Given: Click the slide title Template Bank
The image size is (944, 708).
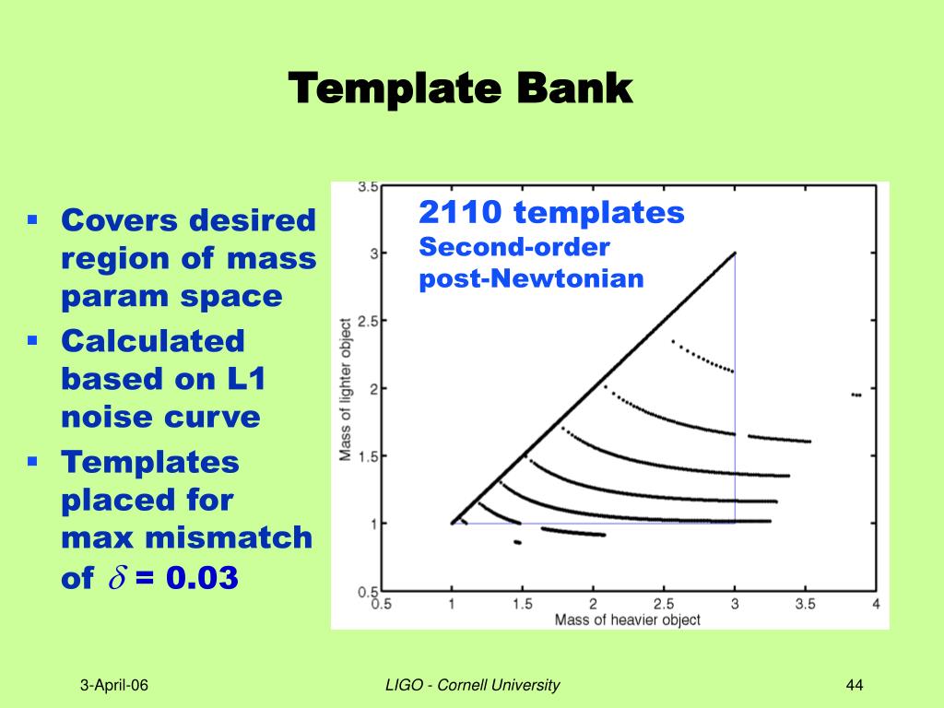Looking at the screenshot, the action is pos(461,88).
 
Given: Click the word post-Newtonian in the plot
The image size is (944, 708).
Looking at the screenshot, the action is pos(532,278).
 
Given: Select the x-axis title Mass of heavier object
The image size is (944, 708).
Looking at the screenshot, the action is pos(627,620).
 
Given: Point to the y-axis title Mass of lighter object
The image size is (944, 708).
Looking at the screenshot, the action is pos(345,390).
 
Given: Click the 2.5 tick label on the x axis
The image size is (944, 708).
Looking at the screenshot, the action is pos(664,604).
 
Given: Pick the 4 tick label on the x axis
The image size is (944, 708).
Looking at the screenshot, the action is pos(876,604).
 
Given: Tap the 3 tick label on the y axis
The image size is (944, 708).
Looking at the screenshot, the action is pos(374,254).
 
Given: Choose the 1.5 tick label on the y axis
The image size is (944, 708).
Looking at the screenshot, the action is pos(369,456).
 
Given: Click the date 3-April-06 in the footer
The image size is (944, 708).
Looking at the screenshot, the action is pos(113,685).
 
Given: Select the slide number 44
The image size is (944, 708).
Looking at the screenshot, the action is pos(855,685).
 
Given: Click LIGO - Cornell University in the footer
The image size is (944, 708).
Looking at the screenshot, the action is pos(473,685).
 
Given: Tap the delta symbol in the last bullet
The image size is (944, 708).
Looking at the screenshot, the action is pos(117,577).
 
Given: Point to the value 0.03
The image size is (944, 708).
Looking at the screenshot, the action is pos(202,577).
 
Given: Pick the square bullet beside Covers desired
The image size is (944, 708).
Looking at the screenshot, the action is pos(32,219).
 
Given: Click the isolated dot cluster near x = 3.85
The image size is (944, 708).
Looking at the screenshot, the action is pos(856,395).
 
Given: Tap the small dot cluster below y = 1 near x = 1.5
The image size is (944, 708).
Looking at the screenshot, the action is pos(517,542).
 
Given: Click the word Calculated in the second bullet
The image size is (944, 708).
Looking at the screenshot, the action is pos(153,341).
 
